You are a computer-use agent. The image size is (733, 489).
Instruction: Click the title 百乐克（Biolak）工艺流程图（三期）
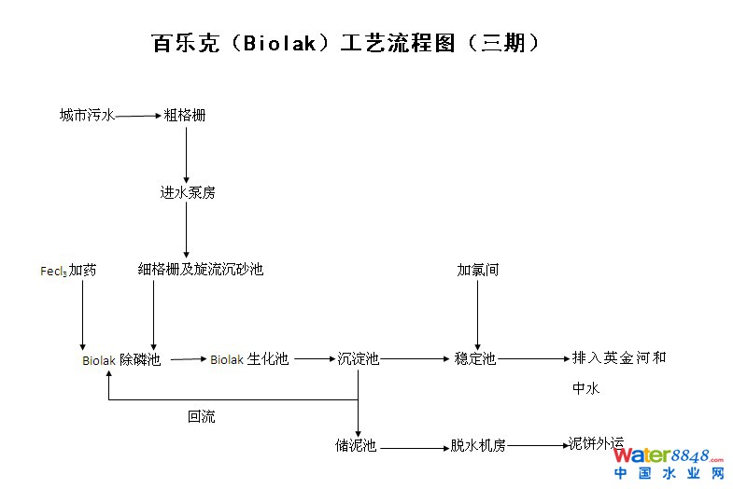(x=345, y=44)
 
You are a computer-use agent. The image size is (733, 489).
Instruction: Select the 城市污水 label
(x=87, y=116)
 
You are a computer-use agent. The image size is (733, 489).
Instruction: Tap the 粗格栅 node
(x=185, y=116)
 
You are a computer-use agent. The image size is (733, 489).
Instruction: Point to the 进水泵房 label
(x=187, y=193)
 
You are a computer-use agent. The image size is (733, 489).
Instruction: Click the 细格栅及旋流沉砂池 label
(x=201, y=270)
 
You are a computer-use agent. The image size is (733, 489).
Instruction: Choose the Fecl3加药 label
(x=67, y=271)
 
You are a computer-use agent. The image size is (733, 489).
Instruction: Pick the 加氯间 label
(x=477, y=270)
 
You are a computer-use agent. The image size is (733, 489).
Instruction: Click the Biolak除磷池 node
(x=121, y=359)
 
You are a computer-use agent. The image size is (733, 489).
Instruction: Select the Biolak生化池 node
(x=249, y=359)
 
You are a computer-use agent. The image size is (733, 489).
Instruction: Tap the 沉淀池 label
(x=358, y=358)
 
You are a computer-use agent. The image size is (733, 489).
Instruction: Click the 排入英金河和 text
(x=619, y=357)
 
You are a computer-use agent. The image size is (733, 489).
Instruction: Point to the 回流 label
(x=201, y=417)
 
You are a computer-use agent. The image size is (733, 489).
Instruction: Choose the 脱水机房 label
(x=477, y=446)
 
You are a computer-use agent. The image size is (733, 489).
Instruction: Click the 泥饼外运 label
(x=596, y=443)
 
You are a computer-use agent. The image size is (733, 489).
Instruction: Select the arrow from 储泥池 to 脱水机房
(x=415, y=448)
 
